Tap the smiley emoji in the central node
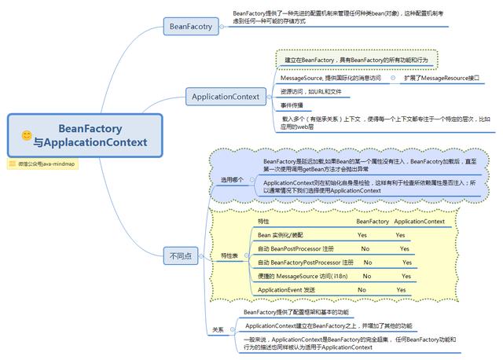click(27, 136)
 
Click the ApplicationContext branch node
click(226, 97)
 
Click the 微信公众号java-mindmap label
click(46, 163)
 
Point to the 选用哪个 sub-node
click(233, 179)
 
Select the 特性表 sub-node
click(229, 255)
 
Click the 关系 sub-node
click(218, 329)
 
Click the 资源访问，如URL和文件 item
click(311, 91)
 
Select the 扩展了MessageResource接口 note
click(441, 79)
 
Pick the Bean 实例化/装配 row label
click(280, 235)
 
